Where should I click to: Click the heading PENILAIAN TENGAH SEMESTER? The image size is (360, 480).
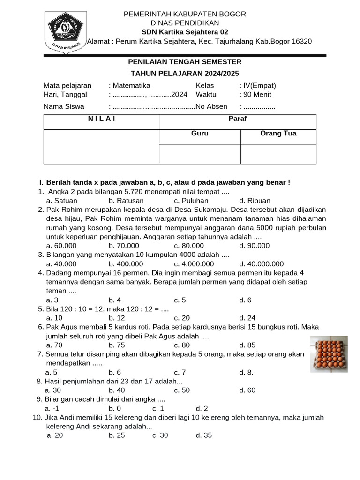185,62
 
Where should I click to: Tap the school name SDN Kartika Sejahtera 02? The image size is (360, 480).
185,32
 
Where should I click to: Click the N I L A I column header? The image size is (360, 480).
102,119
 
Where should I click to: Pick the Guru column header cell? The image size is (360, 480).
200,134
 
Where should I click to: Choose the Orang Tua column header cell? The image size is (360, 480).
278,134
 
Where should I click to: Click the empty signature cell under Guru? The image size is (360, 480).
200,154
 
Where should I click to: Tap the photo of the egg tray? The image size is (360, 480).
330,354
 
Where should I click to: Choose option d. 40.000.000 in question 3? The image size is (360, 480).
261,263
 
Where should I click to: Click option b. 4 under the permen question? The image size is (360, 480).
115,300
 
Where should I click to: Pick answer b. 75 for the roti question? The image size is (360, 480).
117,345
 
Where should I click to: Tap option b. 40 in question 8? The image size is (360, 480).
117,390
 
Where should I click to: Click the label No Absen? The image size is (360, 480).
211,106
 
